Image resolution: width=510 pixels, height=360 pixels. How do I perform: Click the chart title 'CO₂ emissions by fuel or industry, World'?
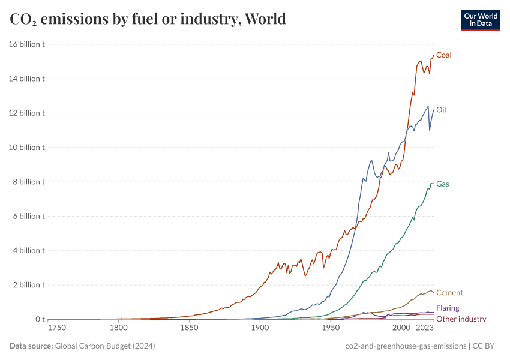point(148,19)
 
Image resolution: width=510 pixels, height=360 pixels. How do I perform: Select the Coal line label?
point(443,55)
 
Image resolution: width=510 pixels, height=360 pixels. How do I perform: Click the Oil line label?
point(441,110)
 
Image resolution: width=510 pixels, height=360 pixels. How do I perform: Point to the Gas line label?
point(442,184)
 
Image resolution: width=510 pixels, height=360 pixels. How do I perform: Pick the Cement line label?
point(449,293)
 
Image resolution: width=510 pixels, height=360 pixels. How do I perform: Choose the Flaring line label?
point(448,308)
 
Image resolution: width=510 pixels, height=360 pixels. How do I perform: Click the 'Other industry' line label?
point(461,319)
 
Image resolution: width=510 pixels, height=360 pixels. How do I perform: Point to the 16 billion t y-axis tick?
point(26,44)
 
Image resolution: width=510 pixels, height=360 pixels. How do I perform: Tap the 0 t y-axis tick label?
point(38,319)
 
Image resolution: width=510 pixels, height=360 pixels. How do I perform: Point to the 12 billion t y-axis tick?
point(26,113)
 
